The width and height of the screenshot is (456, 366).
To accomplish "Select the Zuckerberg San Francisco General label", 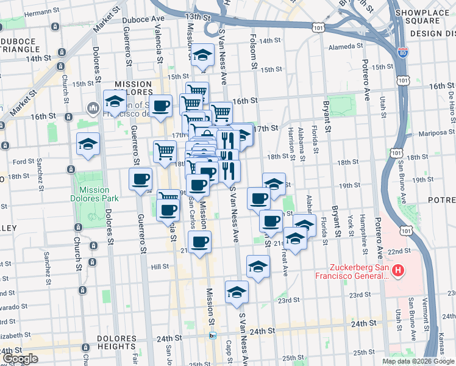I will coord(350,271).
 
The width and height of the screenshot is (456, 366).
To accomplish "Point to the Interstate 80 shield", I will coord(402,54).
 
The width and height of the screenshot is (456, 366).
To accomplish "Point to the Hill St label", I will coord(160,267).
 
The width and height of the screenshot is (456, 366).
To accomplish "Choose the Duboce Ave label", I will coord(143,19).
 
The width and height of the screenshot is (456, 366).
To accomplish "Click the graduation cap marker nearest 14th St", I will coord(202,55).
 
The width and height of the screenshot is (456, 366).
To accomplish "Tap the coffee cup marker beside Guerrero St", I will coord(141,179).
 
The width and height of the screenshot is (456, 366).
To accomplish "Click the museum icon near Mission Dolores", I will coord(93,109).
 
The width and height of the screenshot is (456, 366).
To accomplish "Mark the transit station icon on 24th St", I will coord(212,335).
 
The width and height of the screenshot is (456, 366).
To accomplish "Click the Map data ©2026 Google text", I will coord(418,361).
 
